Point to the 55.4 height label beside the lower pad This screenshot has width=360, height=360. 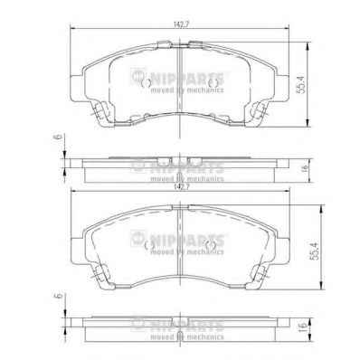[x=315, y=251]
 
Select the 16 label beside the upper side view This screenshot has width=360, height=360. [x=304, y=167]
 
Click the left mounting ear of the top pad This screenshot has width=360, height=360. [x=76, y=89]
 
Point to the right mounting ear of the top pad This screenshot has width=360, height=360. [x=283, y=89]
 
